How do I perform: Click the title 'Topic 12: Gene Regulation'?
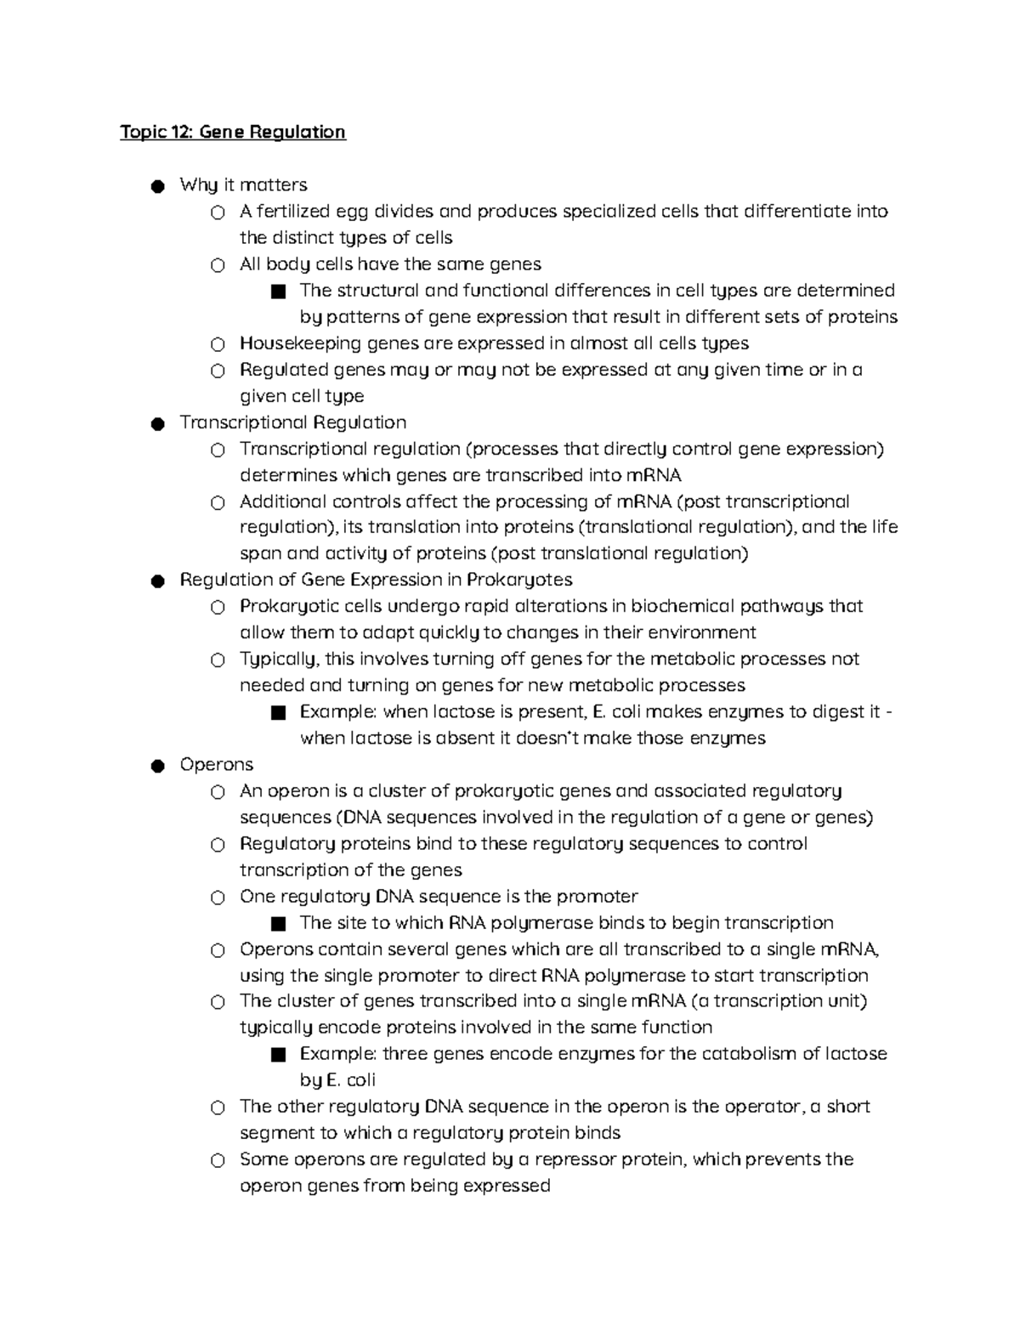233,132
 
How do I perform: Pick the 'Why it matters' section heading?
243,185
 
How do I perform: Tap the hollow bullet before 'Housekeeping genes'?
218,345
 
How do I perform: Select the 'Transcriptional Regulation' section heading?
292,422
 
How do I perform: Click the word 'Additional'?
282,501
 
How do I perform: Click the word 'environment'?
702,633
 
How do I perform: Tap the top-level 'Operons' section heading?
216,765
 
